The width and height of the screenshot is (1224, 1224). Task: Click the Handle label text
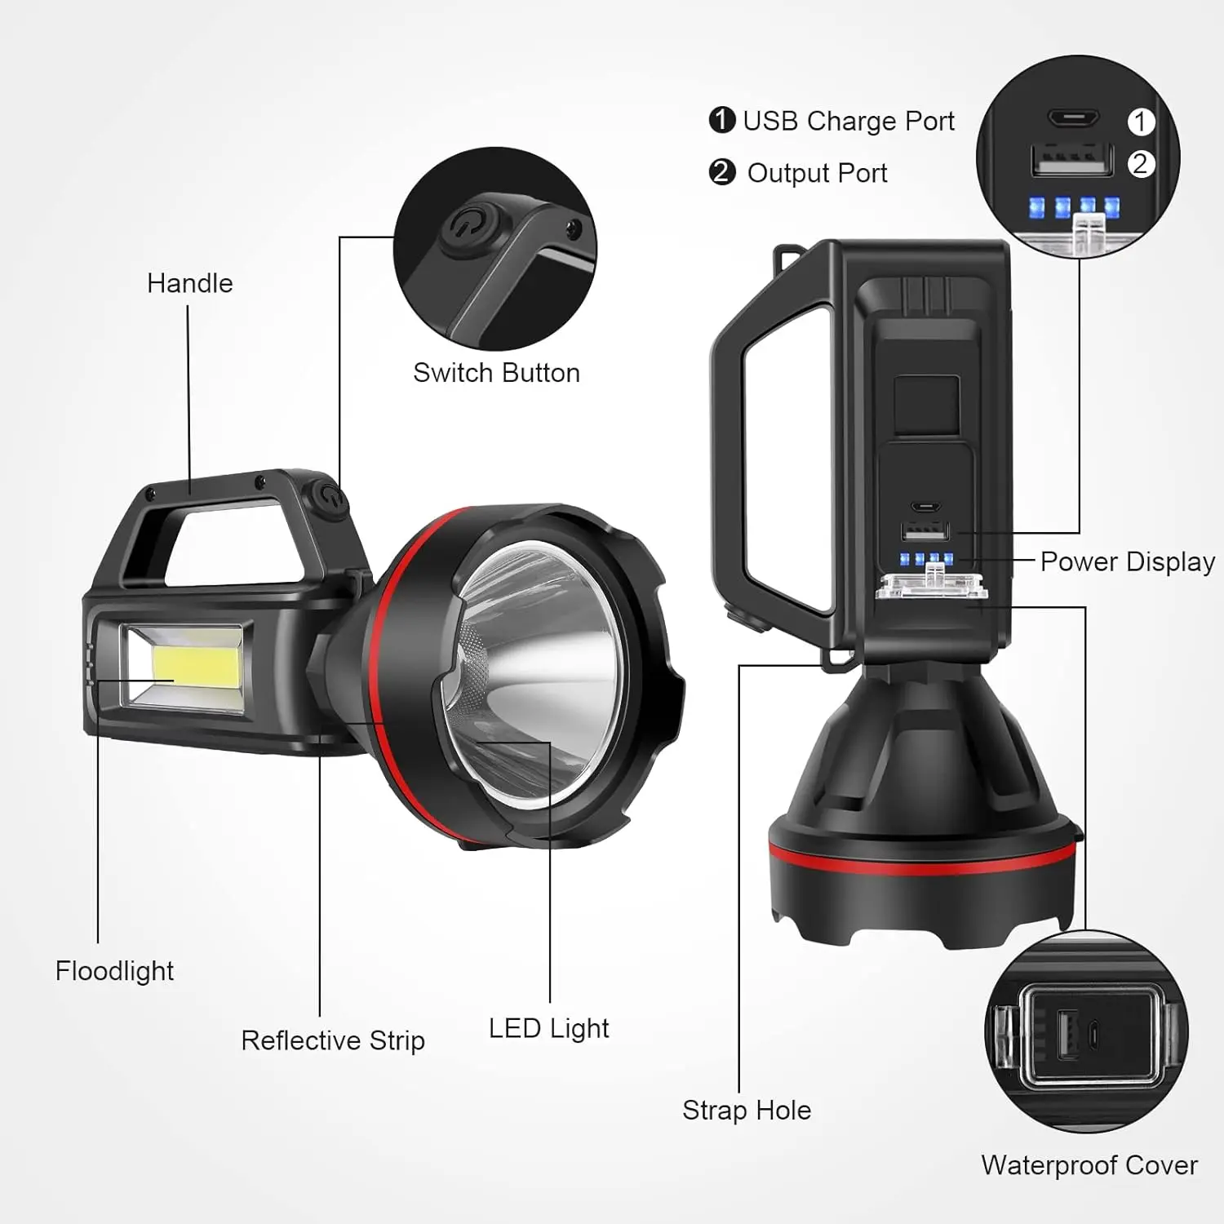pyautogui.click(x=189, y=283)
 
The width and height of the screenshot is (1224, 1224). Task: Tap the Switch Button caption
pyautogui.click(x=496, y=373)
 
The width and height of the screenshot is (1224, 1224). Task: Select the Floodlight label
pyautogui.click(x=114, y=971)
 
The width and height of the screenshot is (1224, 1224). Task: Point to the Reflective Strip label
pyautogui.click(x=333, y=1040)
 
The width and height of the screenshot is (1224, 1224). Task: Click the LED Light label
pyautogui.click(x=548, y=1028)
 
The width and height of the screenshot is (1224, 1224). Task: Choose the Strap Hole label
pyautogui.click(x=747, y=1110)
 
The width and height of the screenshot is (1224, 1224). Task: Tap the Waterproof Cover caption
pyautogui.click(x=1089, y=1165)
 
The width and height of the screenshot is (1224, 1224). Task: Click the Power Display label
pyautogui.click(x=1127, y=561)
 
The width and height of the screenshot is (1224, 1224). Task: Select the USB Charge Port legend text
pyautogui.click(x=848, y=121)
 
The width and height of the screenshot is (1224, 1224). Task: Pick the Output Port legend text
pyautogui.click(x=817, y=173)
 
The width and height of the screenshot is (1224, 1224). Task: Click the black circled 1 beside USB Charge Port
pyautogui.click(x=722, y=120)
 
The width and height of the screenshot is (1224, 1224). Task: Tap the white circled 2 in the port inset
pyautogui.click(x=1141, y=164)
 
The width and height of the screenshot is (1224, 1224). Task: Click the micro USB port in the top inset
pyautogui.click(x=1074, y=119)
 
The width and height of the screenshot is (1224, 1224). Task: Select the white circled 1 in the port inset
pyautogui.click(x=1141, y=122)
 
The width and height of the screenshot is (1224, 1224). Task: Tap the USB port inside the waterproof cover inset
pyautogui.click(x=1068, y=1035)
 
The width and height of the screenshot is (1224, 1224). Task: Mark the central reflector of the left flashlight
pyautogui.click(x=530, y=653)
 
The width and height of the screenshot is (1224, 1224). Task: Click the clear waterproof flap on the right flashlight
pyautogui.click(x=931, y=585)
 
